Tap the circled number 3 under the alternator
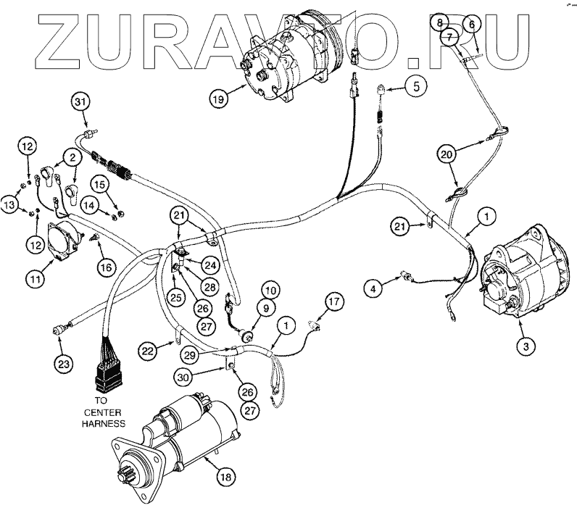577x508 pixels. click(x=527, y=345)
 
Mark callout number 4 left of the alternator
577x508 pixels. click(x=373, y=290)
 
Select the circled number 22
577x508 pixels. click(x=148, y=351)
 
